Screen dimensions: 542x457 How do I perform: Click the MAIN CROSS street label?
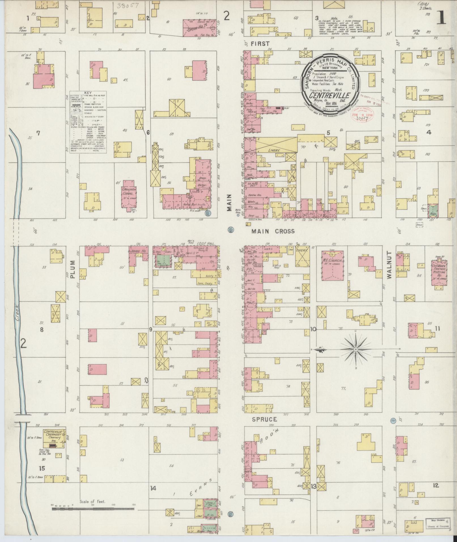click(x=273, y=231)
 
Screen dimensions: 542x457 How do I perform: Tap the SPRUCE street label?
click(x=265, y=419)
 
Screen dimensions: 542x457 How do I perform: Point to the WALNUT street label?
click(x=389, y=265)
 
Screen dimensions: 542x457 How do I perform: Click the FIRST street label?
click(x=261, y=43)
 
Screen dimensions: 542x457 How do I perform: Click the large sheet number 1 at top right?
click(x=442, y=19)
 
